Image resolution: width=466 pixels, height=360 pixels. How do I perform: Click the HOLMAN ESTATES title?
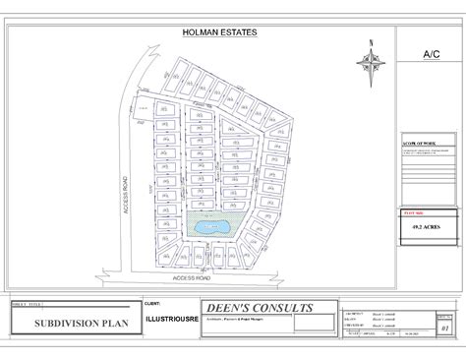coord(220,32)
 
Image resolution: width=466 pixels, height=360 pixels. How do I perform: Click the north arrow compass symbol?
coord(371,63)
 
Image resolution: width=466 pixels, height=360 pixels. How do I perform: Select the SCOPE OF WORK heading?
coord(419,144)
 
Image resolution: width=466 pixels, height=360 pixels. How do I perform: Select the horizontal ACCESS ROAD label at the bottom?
coord(194,278)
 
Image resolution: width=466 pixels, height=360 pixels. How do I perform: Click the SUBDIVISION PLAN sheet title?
coord(71,323)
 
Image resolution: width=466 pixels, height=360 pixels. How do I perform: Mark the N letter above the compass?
coord(371,42)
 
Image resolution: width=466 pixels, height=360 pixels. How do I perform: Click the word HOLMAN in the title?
coord(201,32)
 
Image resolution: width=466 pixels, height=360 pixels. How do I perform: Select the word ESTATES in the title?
coord(239,32)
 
